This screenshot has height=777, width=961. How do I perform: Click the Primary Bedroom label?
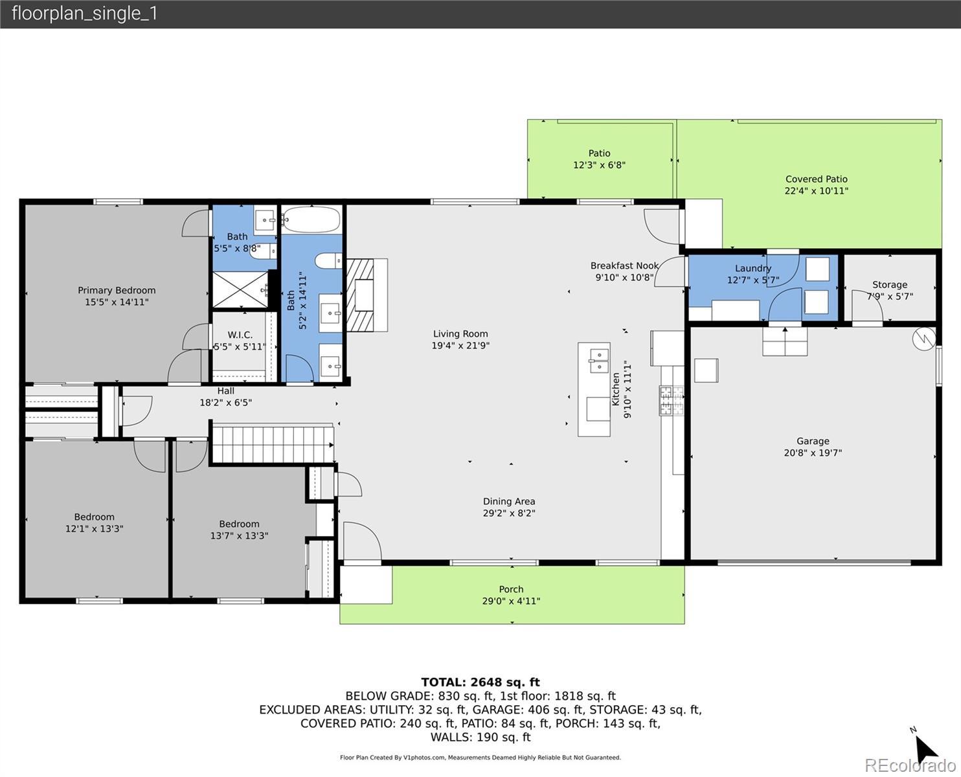117,291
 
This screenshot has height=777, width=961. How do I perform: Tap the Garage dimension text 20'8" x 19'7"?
813,453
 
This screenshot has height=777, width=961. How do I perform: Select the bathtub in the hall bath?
311,220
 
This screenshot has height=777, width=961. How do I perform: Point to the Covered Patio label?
816,179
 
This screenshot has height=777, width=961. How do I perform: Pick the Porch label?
511,589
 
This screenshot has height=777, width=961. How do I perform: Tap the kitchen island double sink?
599,361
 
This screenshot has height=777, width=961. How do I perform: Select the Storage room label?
889,284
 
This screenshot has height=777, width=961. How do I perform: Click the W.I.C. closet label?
240,335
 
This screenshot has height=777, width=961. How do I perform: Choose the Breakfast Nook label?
624,265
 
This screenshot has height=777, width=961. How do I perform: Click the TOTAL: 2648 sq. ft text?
480,682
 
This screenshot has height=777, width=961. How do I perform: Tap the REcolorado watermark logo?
910,765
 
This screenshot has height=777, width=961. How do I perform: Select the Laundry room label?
752,268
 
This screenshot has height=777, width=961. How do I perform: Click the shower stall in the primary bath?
240,290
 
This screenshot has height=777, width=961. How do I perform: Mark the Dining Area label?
509,501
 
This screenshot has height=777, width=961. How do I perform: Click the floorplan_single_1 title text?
84,14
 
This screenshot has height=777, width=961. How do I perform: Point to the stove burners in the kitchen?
672,400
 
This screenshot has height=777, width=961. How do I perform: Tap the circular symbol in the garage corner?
923,339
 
